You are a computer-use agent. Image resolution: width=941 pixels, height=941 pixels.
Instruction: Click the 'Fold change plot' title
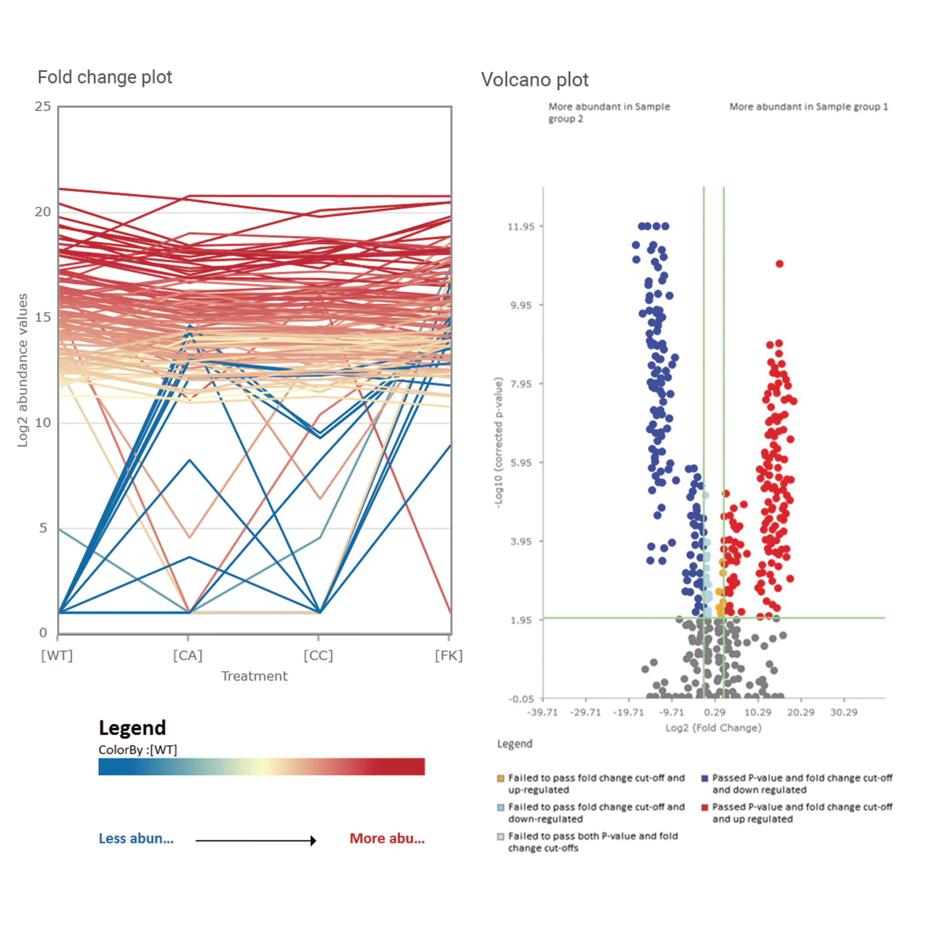tap(105, 77)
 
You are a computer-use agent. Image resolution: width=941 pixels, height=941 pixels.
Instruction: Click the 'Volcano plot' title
tap(535, 80)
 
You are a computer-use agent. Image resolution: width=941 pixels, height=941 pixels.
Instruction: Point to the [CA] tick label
tap(188, 656)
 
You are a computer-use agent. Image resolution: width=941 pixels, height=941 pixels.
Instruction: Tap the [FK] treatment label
tap(449, 656)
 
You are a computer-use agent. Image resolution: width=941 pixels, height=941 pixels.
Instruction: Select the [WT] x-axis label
tap(57, 656)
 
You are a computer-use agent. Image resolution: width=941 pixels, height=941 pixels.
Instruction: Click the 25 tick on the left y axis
tap(43, 106)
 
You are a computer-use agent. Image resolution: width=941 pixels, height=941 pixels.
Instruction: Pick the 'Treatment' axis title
tap(254, 676)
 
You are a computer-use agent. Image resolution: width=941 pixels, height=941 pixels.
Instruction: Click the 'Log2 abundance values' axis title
tap(22, 371)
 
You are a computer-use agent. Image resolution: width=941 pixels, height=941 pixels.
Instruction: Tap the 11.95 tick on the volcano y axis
tap(521, 226)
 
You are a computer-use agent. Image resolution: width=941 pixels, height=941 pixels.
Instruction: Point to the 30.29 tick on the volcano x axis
tap(843, 712)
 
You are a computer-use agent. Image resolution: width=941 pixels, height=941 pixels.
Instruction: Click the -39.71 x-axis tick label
tap(542, 712)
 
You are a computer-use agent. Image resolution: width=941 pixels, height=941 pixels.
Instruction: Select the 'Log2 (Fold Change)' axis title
tap(713, 728)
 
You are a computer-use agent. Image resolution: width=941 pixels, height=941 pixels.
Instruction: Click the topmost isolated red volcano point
tap(779, 264)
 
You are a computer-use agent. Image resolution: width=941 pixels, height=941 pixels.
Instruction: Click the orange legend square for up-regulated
tap(501, 778)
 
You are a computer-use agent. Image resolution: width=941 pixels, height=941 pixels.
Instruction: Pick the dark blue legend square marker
tap(705, 778)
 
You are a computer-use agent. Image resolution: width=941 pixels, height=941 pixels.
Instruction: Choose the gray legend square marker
tap(501, 836)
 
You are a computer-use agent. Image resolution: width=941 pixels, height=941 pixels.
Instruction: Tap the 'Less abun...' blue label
tap(136, 839)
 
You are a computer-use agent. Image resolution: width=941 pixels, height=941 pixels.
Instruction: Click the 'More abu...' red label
tap(387, 839)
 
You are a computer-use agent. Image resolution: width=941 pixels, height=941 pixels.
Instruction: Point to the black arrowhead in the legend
tap(313, 841)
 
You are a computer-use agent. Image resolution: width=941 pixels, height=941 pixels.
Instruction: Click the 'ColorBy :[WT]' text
tap(138, 750)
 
